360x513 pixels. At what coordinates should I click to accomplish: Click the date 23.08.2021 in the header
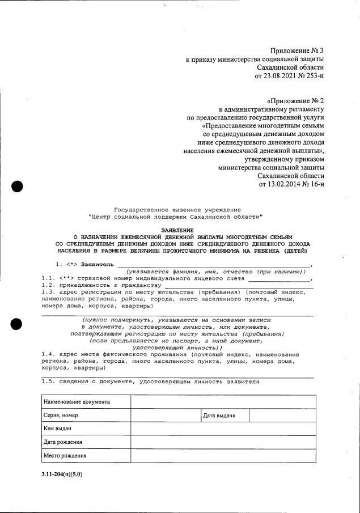(282, 75)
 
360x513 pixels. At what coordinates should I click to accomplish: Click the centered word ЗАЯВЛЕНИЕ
(177, 230)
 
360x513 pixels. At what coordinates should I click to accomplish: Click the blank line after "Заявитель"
(214, 265)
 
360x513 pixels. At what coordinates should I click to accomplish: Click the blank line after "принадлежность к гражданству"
(238, 286)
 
